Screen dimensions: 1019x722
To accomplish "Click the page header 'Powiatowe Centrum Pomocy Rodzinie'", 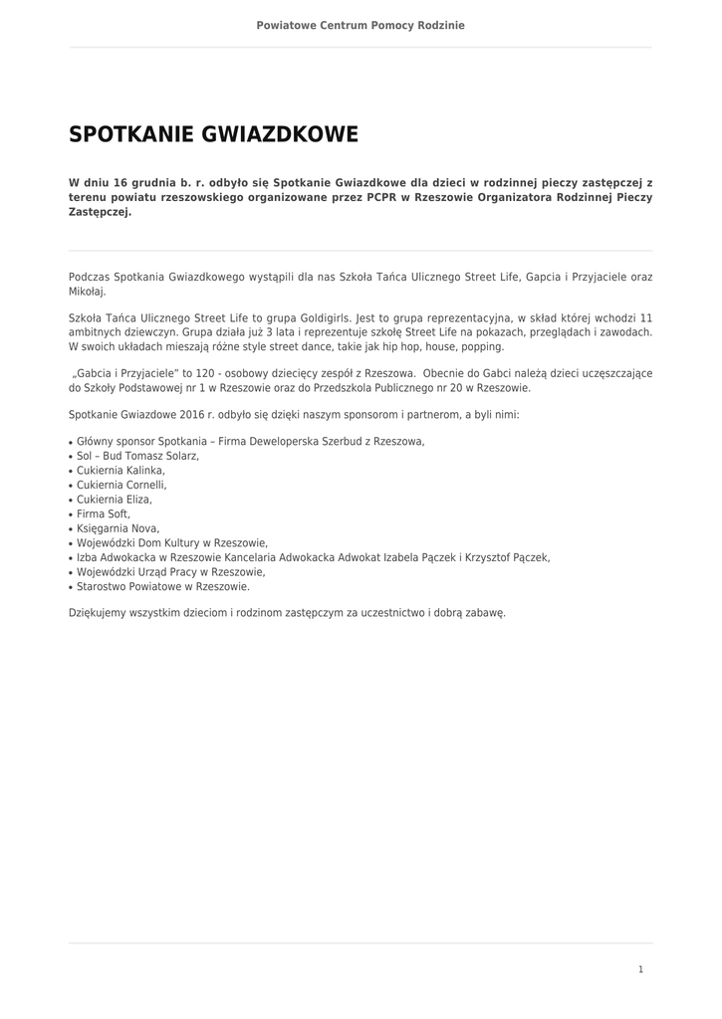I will [x=361, y=25].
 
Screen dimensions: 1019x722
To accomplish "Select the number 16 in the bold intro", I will [x=121, y=183].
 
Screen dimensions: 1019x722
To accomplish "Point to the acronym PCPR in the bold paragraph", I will [x=381, y=198].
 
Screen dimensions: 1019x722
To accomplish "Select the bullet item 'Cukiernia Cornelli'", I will [x=120, y=485].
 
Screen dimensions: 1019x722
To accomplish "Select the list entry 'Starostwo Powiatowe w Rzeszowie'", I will [x=162, y=587].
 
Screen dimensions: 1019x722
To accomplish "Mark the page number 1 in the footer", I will [x=640, y=969].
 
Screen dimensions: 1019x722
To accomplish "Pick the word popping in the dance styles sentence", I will [x=483, y=347].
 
